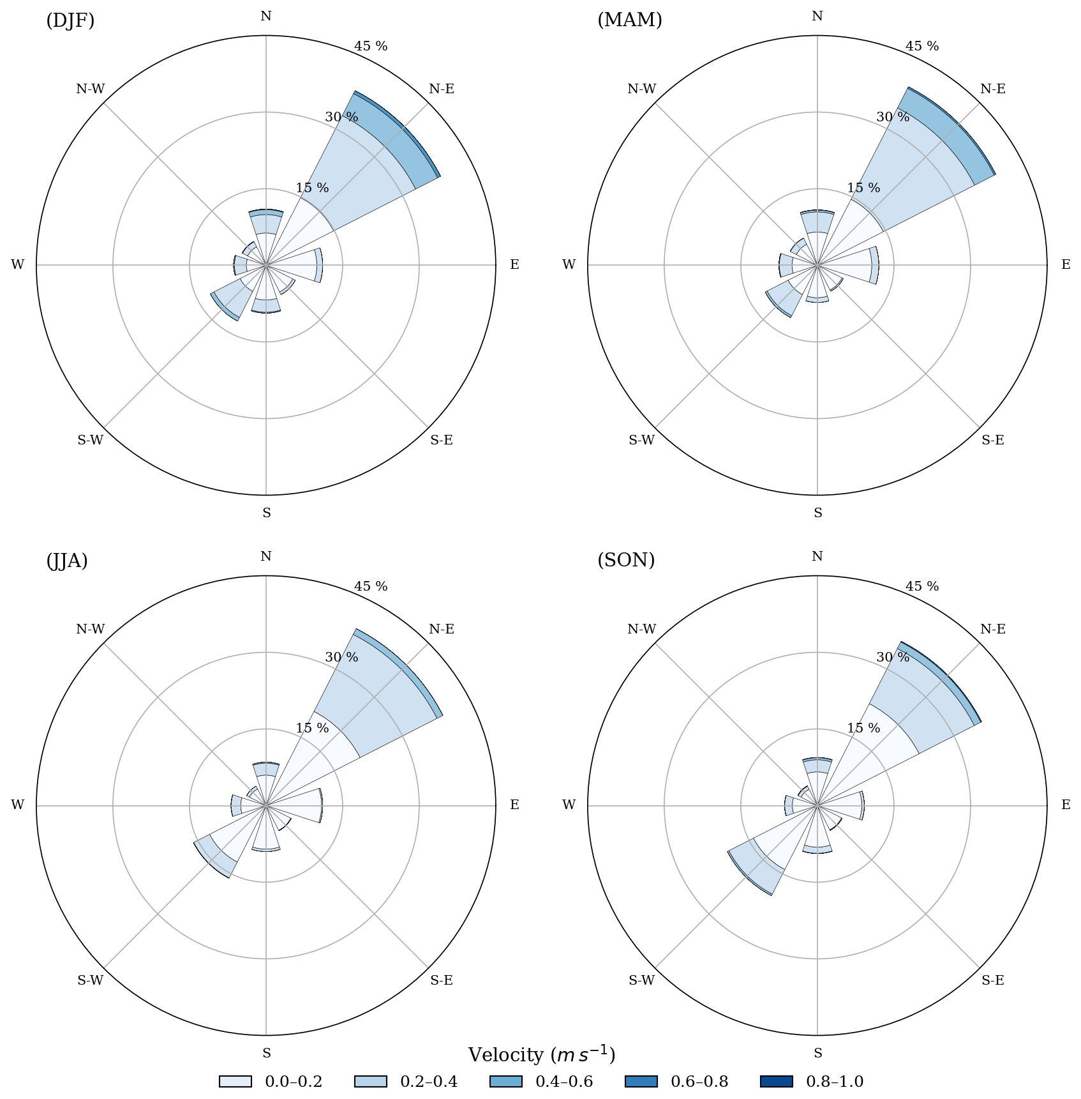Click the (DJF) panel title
click(x=70, y=20)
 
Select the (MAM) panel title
click(x=629, y=20)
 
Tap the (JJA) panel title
click(x=67, y=561)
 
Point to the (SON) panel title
click(x=626, y=561)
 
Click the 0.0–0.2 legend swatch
click(x=235, y=1081)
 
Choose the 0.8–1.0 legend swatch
click(x=777, y=1081)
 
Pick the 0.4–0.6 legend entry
click(x=541, y=1081)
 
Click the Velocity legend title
click(x=541, y=1055)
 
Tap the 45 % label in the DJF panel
click(x=371, y=46)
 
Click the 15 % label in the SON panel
click(x=863, y=728)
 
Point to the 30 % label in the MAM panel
click(x=893, y=117)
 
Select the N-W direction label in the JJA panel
click(x=90, y=629)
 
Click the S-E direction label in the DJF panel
click(x=442, y=440)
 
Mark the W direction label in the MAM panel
click(x=569, y=264)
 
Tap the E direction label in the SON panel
click(x=1066, y=805)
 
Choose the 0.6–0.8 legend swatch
click(x=641, y=1081)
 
